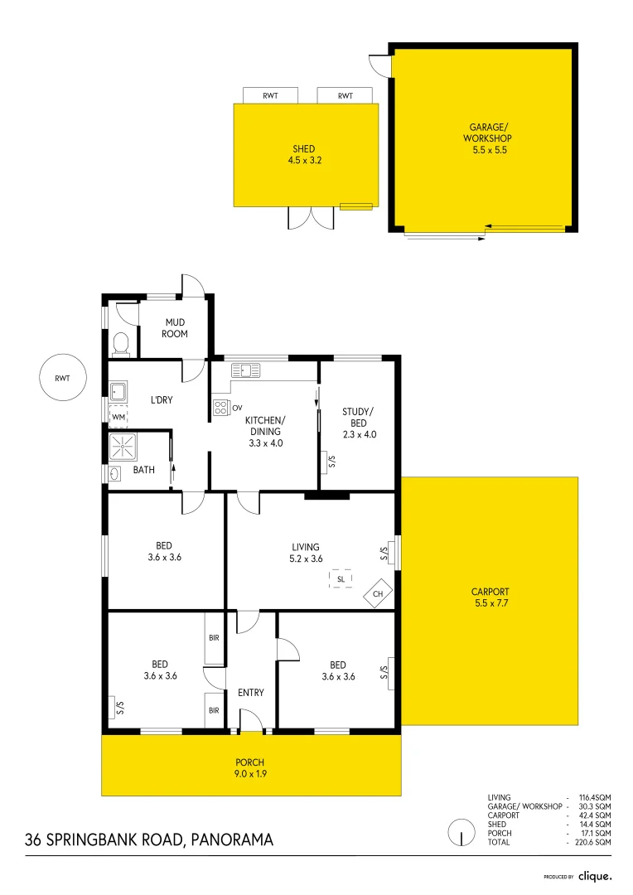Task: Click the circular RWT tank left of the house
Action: [x=63, y=379]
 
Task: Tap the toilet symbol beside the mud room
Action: [x=121, y=341]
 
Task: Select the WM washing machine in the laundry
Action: [x=118, y=416]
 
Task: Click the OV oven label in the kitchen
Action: [x=237, y=408]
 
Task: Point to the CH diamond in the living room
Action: [x=378, y=594]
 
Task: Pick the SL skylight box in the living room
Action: [x=341, y=578]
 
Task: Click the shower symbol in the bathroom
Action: [x=123, y=447]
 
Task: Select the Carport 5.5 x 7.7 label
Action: [x=490, y=597]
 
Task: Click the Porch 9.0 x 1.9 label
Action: [x=250, y=768]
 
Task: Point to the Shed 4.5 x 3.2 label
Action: [x=304, y=154]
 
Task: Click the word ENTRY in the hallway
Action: [x=251, y=693]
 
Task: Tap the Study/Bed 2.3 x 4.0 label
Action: [x=359, y=422]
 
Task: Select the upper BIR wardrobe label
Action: [x=214, y=638]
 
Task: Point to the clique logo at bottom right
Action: [x=594, y=876]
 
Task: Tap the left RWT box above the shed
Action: [x=270, y=96]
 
